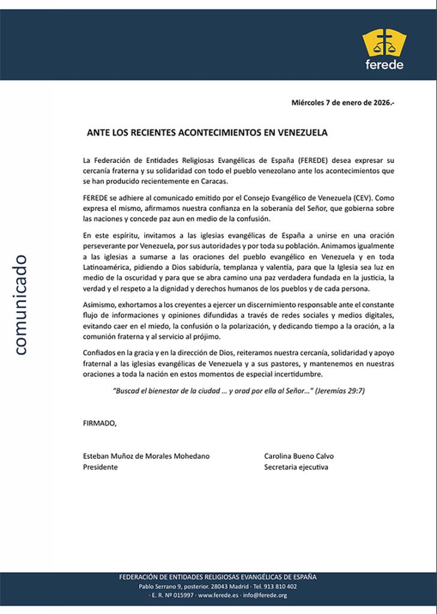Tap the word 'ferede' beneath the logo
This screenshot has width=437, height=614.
point(384,65)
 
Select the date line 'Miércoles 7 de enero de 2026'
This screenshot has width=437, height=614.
point(343,103)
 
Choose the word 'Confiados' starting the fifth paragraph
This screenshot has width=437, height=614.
point(100,353)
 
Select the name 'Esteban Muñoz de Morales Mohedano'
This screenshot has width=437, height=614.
point(146,456)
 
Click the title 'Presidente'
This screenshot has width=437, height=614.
point(100,467)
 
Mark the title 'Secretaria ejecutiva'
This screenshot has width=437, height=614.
point(297,467)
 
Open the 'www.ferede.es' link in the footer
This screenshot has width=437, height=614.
point(218,595)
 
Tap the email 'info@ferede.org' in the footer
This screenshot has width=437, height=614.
point(265,595)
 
